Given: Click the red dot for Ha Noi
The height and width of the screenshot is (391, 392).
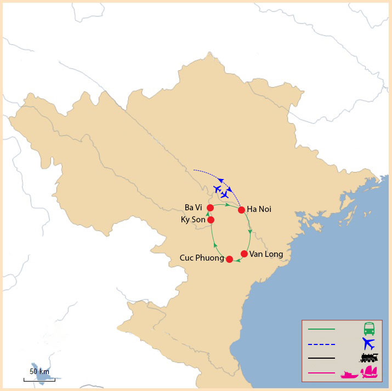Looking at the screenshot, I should (241, 210).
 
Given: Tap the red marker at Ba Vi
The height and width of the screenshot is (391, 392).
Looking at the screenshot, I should (210, 208).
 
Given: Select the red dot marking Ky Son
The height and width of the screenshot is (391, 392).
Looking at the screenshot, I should (211, 220).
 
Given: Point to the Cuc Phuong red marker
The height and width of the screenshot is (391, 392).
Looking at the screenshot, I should (229, 258).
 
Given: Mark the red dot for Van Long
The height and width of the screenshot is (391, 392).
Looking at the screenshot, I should (244, 254).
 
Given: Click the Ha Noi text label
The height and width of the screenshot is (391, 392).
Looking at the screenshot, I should (259, 209).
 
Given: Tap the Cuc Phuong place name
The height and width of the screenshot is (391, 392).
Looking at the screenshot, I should (201, 258).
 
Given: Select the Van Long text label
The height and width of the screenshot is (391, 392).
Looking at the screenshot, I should (266, 254).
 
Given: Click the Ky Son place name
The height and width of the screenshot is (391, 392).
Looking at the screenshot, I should (194, 220).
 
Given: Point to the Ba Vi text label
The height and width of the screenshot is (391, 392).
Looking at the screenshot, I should (194, 207).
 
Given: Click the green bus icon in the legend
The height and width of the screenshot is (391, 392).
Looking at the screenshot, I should (369, 329).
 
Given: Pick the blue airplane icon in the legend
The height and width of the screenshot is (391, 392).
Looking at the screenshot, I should (368, 344).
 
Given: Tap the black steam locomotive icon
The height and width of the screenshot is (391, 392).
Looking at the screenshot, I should (369, 358).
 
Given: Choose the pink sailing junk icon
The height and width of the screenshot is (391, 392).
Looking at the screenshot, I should (370, 373).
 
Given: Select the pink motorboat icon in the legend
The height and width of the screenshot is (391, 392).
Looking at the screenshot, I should (349, 375).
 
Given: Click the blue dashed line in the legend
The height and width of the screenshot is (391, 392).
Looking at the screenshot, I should (321, 344).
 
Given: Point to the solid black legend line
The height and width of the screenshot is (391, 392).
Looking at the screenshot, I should (321, 358).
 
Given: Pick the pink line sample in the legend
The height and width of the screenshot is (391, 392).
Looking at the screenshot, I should (321, 373).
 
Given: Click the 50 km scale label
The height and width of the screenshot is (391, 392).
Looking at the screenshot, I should (39, 371).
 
